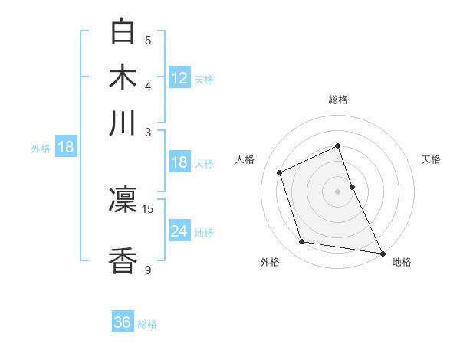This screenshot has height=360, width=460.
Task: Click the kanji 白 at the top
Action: tap(123, 31)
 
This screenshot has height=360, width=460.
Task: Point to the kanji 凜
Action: tap(123, 200)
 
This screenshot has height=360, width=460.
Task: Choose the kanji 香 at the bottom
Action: tap(123, 260)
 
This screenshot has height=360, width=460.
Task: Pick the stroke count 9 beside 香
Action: tap(148, 269)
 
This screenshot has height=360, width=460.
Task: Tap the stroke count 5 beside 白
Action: tap(148, 40)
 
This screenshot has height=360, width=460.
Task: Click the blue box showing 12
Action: tap(179, 78)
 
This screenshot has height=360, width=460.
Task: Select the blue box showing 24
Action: tap(179, 231)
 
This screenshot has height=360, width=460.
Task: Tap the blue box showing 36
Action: tap(122, 322)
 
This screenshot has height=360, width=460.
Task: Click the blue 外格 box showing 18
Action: tap(65, 147)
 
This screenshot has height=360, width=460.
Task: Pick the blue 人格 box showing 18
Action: tap(179, 162)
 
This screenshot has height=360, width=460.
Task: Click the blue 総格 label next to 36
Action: tap(147, 324)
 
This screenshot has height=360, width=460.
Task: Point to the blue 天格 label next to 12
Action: tap(204, 80)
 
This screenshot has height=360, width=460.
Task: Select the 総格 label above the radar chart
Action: tap(338, 100)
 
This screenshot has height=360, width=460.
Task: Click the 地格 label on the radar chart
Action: tap(402, 262)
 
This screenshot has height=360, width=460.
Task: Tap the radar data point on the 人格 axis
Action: tap(280, 172)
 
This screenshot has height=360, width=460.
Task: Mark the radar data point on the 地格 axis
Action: tap(382, 253)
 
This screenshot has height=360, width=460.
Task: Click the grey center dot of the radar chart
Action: tap(338, 191)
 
